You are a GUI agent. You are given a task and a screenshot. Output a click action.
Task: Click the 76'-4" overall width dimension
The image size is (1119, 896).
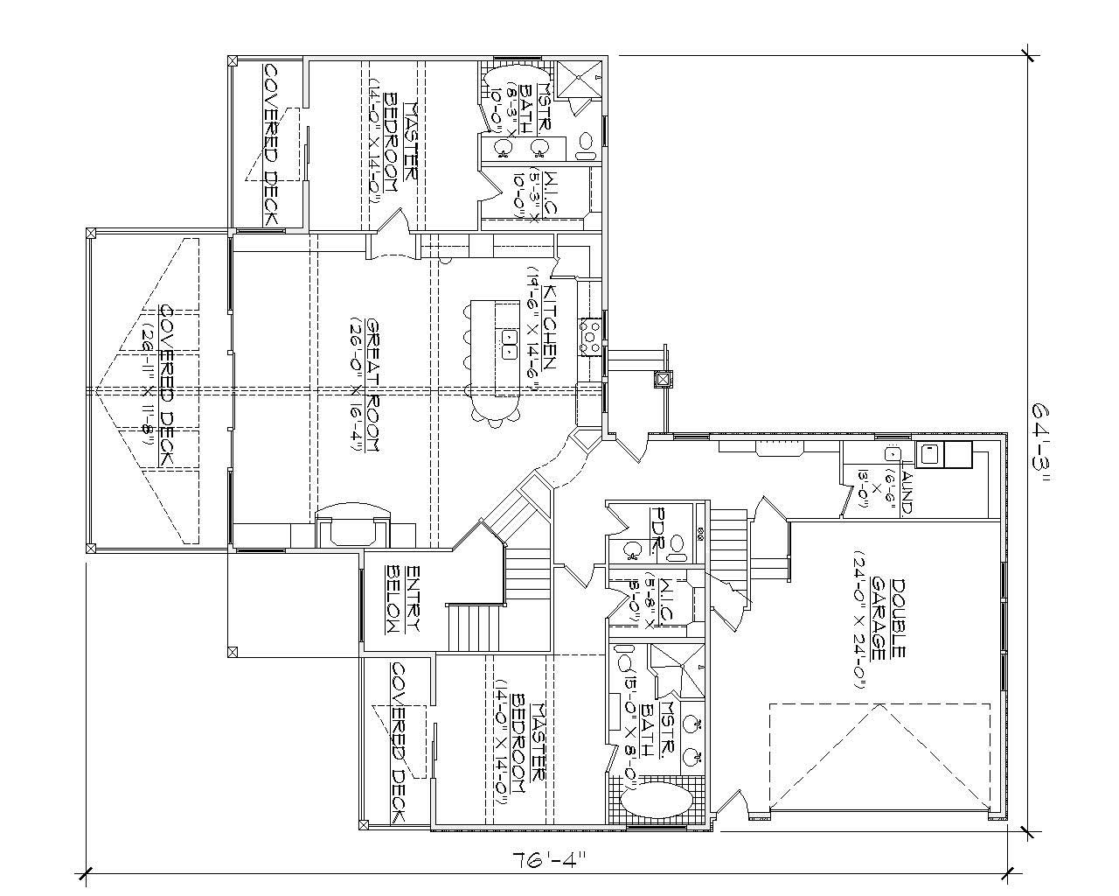coord(546,857)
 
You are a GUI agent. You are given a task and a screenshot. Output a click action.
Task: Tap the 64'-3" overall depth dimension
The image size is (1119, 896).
coord(1042,443)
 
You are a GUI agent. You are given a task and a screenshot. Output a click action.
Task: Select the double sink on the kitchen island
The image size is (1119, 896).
coord(508,344)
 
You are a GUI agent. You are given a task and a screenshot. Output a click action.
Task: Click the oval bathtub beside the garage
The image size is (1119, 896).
coord(656,801)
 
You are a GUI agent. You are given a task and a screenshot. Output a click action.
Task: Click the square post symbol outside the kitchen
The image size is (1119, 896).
coord(664,379)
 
